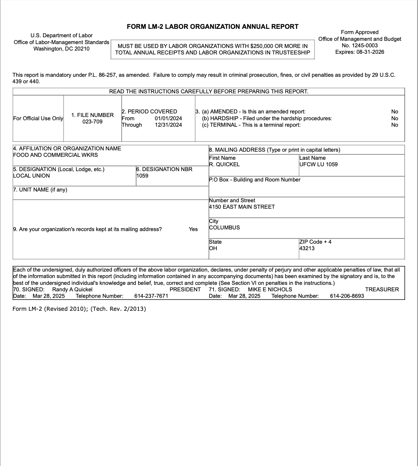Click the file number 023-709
point(93,122)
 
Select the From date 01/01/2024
point(168,118)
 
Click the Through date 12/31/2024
point(168,125)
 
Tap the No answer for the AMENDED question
point(394,111)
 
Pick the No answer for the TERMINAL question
point(394,125)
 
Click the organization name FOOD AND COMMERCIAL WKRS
point(55,155)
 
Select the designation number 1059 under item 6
point(142,176)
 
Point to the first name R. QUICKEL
point(224,164)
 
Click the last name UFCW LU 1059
point(318,164)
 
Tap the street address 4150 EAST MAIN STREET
point(242,207)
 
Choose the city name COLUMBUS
point(224,227)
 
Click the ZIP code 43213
point(307,248)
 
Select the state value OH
point(213,248)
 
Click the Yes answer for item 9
point(193,229)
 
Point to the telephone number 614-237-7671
point(151,296)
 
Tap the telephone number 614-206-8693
point(347,296)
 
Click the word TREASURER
point(382,289)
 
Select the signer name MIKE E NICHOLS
point(270,289)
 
